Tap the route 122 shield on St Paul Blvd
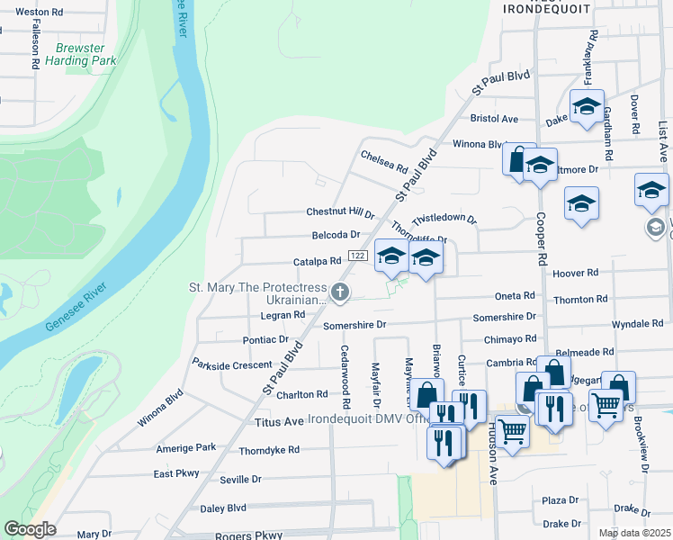coord(356,256)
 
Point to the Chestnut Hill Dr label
coord(340,213)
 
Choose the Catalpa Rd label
coord(317,262)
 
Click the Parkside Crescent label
coord(232,364)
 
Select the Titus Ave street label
coord(281,421)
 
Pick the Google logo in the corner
coord(29,529)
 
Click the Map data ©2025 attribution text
coord(634,533)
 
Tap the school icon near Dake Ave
coord(587,107)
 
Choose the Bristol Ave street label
coord(495,119)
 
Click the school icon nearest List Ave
coord(651,190)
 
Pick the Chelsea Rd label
coord(384,162)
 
